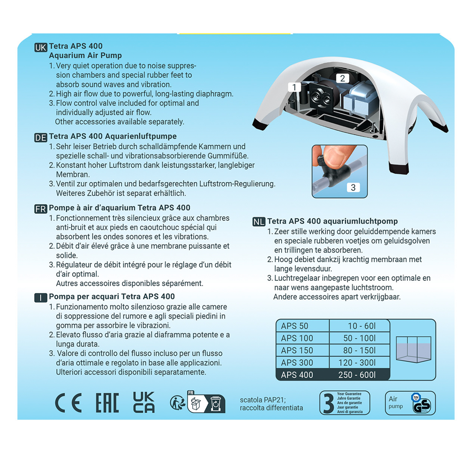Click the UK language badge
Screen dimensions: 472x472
point(41,48)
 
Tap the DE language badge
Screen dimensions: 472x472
point(41,138)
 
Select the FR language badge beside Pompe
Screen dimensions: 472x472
point(41,209)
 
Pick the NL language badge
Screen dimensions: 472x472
point(259,222)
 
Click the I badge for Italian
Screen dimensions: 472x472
point(41,298)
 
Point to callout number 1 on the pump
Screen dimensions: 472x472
point(294,87)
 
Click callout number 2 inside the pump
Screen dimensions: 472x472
point(342,78)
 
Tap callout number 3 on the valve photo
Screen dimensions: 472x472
point(353,188)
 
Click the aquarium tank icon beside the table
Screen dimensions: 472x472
point(413,349)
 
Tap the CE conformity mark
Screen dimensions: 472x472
point(69,403)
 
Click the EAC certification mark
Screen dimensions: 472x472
point(107,403)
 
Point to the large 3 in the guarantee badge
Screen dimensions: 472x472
point(329,404)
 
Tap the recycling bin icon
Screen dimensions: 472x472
point(216,404)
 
